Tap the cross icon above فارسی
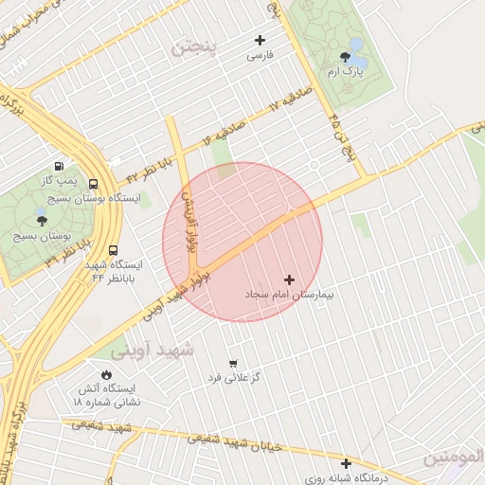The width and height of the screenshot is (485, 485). [260, 40]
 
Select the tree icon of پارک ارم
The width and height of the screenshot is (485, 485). [344, 57]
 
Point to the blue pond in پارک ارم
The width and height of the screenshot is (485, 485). [356, 45]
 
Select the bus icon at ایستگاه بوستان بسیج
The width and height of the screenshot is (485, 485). [93, 185]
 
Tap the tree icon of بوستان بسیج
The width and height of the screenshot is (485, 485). [41, 219]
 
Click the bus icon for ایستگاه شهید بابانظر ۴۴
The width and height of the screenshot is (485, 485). [114, 252]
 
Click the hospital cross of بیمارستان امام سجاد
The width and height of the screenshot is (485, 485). [289, 279]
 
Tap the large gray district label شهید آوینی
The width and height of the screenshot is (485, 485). [152, 350]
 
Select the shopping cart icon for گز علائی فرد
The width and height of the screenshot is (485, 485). [233, 363]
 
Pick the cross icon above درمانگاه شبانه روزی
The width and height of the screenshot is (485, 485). [346, 464]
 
